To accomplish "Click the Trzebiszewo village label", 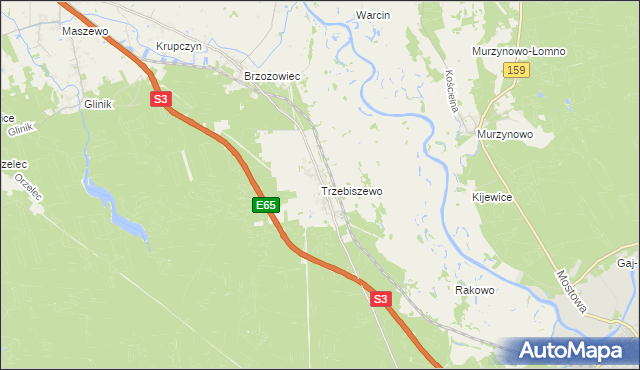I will (351, 190).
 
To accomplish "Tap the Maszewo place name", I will (84, 31).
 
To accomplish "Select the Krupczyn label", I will (180, 46).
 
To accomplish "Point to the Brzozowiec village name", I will (273, 76).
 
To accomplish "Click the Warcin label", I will (373, 15).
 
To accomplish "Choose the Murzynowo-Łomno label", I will (519, 51).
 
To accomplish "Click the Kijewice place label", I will (492, 198).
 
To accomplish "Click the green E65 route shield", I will (264, 205).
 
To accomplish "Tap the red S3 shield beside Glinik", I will (162, 99).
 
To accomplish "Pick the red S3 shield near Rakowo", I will (379, 298).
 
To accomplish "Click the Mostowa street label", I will (573, 291).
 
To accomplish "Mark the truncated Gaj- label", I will (626, 262).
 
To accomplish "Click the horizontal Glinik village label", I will (99, 104).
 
